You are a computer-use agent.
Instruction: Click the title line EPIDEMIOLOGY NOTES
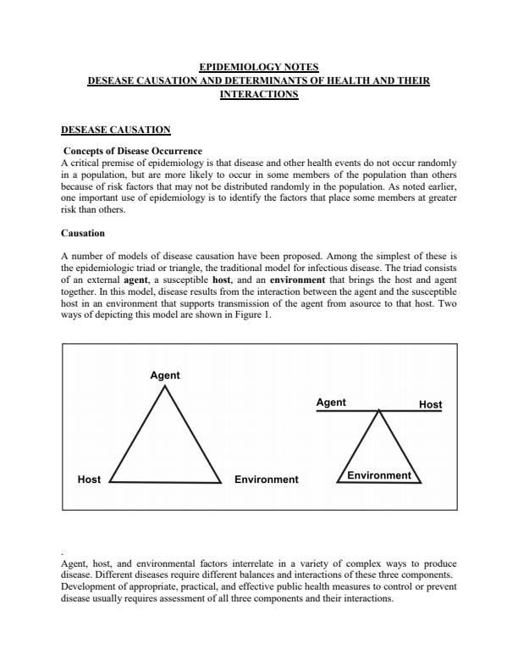[x=259, y=65]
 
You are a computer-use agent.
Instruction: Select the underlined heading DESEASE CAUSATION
[x=116, y=130]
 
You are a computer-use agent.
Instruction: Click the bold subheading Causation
[x=83, y=232]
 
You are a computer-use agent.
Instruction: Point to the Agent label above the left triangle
[x=165, y=375]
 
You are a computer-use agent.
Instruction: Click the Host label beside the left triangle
[x=89, y=480]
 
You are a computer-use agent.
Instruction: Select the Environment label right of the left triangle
[x=266, y=480]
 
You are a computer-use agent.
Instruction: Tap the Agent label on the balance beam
[x=330, y=402]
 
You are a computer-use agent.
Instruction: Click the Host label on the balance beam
[x=430, y=405]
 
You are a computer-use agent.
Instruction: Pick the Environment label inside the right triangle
[x=379, y=475]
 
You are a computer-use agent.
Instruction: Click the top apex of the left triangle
[x=166, y=386]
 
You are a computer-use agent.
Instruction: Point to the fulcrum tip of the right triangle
[x=379, y=412]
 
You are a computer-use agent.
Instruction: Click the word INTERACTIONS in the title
[x=259, y=95]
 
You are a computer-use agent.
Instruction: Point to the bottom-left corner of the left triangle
[x=111, y=481]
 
